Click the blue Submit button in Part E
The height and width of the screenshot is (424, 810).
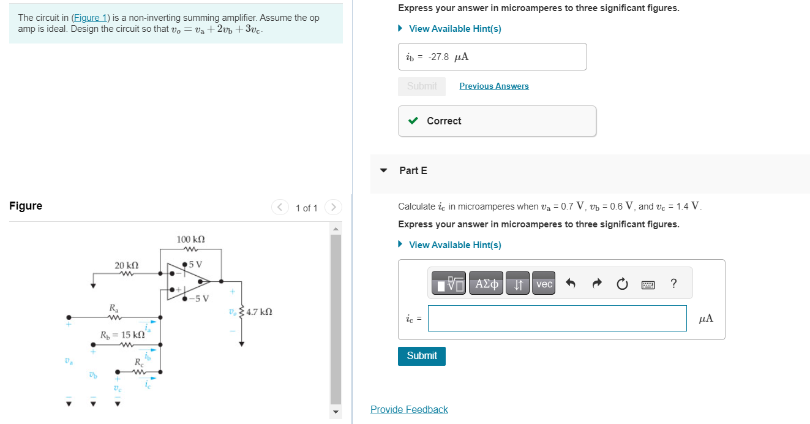coord(421,356)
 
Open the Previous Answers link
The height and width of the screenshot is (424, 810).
coord(493,86)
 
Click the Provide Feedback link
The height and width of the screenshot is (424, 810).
coord(409,409)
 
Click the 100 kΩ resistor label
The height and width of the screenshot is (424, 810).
coord(190,239)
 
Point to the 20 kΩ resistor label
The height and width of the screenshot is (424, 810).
coord(127,265)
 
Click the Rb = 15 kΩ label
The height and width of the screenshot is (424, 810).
coord(123,335)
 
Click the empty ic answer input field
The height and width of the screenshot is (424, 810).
coord(557,319)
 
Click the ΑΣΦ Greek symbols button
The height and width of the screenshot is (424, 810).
coord(487,284)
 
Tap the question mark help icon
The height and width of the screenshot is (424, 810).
coord(673,284)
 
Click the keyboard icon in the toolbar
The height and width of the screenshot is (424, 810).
coord(648,284)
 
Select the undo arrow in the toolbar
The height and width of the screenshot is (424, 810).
coord(571,284)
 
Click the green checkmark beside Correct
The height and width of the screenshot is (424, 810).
coord(414,121)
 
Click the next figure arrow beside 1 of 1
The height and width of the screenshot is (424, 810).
coord(333,207)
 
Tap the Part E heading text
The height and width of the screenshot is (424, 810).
coord(413,170)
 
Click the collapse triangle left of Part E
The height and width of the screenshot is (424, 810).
coord(384,170)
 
